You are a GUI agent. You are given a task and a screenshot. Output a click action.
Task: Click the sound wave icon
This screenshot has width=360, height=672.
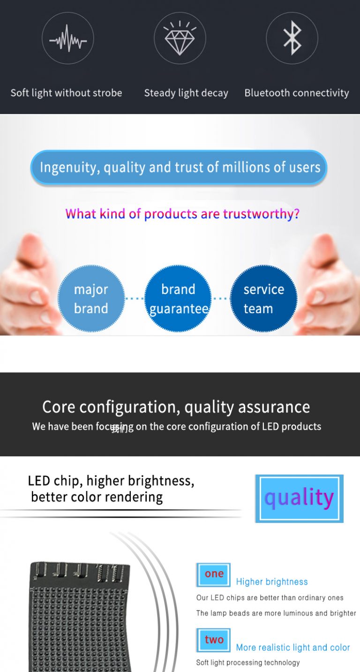[68, 38]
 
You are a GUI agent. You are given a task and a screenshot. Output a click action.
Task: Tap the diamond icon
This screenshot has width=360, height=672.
[180, 38]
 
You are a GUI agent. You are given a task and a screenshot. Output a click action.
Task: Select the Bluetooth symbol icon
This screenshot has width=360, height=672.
[292, 38]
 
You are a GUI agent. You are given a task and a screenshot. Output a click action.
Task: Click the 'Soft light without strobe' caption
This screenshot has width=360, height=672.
[66, 93]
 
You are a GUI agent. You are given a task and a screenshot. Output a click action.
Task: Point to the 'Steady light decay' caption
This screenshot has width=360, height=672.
[186, 93]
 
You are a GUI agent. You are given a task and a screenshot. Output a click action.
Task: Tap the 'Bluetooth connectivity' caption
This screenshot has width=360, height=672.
[297, 93]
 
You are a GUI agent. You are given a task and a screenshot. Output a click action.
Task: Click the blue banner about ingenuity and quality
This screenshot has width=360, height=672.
[179, 167]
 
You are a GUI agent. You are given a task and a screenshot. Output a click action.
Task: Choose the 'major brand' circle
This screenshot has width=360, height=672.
[91, 299]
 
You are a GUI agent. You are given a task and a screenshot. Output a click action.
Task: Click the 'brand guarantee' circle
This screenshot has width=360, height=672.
[178, 299]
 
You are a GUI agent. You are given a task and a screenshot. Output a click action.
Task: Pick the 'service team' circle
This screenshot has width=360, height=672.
[263, 299]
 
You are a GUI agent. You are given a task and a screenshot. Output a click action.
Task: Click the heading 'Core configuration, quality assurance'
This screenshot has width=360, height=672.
[176, 407]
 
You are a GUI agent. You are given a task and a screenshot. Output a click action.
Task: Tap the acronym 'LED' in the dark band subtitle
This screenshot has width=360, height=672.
[270, 426]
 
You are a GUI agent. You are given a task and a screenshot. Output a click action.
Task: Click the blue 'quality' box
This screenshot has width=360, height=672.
[299, 498]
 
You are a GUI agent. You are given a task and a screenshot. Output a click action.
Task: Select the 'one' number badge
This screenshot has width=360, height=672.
[214, 574]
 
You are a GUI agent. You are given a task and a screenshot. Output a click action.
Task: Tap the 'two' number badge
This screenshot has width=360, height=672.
[214, 640]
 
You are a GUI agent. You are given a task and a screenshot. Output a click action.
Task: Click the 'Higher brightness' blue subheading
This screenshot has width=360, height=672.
[272, 582]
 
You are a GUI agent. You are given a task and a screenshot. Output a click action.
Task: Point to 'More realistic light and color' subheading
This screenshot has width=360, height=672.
[293, 648]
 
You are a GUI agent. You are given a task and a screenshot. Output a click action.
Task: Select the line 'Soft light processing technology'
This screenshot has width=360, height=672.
[248, 663]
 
